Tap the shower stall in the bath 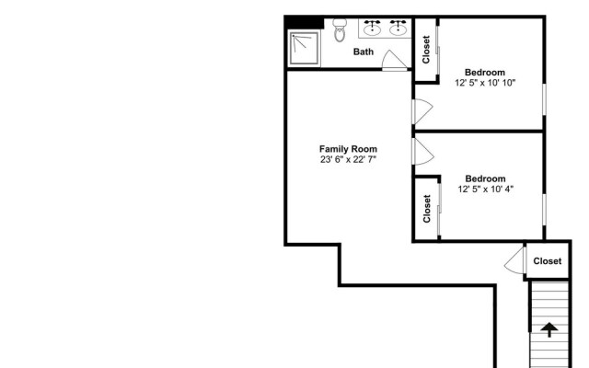pos(305,49)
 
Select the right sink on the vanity pos(398,29)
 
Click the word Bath pos(364,52)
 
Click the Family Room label pos(348,149)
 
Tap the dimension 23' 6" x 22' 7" pos(348,160)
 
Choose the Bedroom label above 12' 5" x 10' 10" pos(484,72)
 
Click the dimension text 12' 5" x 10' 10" pos(484,83)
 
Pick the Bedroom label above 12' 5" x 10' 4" pos(485,178)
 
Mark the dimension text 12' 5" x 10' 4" pos(485,190)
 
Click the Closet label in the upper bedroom pos(426,49)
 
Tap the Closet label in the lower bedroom pos(427,209)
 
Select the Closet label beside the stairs pos(547,261)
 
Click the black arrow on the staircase pos(549,329)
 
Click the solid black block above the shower pos(303,23)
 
